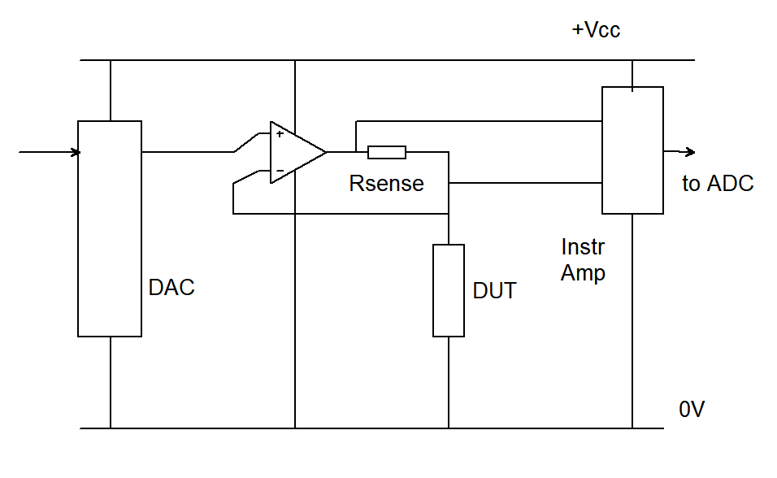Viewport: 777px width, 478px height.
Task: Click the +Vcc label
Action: tap(597, 30)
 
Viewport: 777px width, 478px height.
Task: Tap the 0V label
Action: tap(692, 409)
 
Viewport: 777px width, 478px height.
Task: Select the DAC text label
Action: tap(171, 287)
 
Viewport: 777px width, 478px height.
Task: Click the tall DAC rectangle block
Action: tap(110, 228)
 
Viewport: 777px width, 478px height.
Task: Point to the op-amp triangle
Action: tap(294, 152)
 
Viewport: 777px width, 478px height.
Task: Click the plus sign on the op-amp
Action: tap(280, 134)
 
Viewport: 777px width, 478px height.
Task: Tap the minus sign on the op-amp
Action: tap(280, 172)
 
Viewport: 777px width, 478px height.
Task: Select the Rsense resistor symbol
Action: tap(386, 152)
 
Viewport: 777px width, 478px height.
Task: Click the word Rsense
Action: tap(386, 184)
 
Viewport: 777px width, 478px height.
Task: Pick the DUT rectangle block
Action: tap(448, 290)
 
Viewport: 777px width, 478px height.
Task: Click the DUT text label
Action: tap(494, 290)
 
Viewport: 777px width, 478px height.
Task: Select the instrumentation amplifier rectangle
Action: tap(632, 150)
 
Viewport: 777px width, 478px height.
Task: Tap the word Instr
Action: tap(583, 246)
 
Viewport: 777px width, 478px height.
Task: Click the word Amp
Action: tap(583, 273)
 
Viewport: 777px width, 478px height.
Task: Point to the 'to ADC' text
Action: tap(717, 184)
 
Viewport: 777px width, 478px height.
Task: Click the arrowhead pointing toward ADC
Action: tap(690, 152)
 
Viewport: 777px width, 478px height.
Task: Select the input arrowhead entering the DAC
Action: tap(76, 152)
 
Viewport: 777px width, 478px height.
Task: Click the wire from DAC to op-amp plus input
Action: tap(187, 152)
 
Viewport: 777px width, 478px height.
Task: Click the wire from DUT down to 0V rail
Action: tap(448, 382)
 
